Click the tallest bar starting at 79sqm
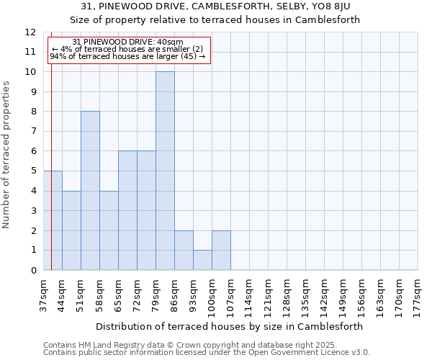165,171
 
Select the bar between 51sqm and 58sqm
90,191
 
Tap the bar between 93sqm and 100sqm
202,260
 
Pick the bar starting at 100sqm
221,250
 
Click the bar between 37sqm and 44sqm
53,220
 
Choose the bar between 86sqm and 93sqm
184,250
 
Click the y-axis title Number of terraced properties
6,155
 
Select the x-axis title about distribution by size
229,326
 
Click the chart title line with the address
215,6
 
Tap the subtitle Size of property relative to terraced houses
215,19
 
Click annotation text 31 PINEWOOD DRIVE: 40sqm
128,42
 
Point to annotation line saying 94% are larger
127,56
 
